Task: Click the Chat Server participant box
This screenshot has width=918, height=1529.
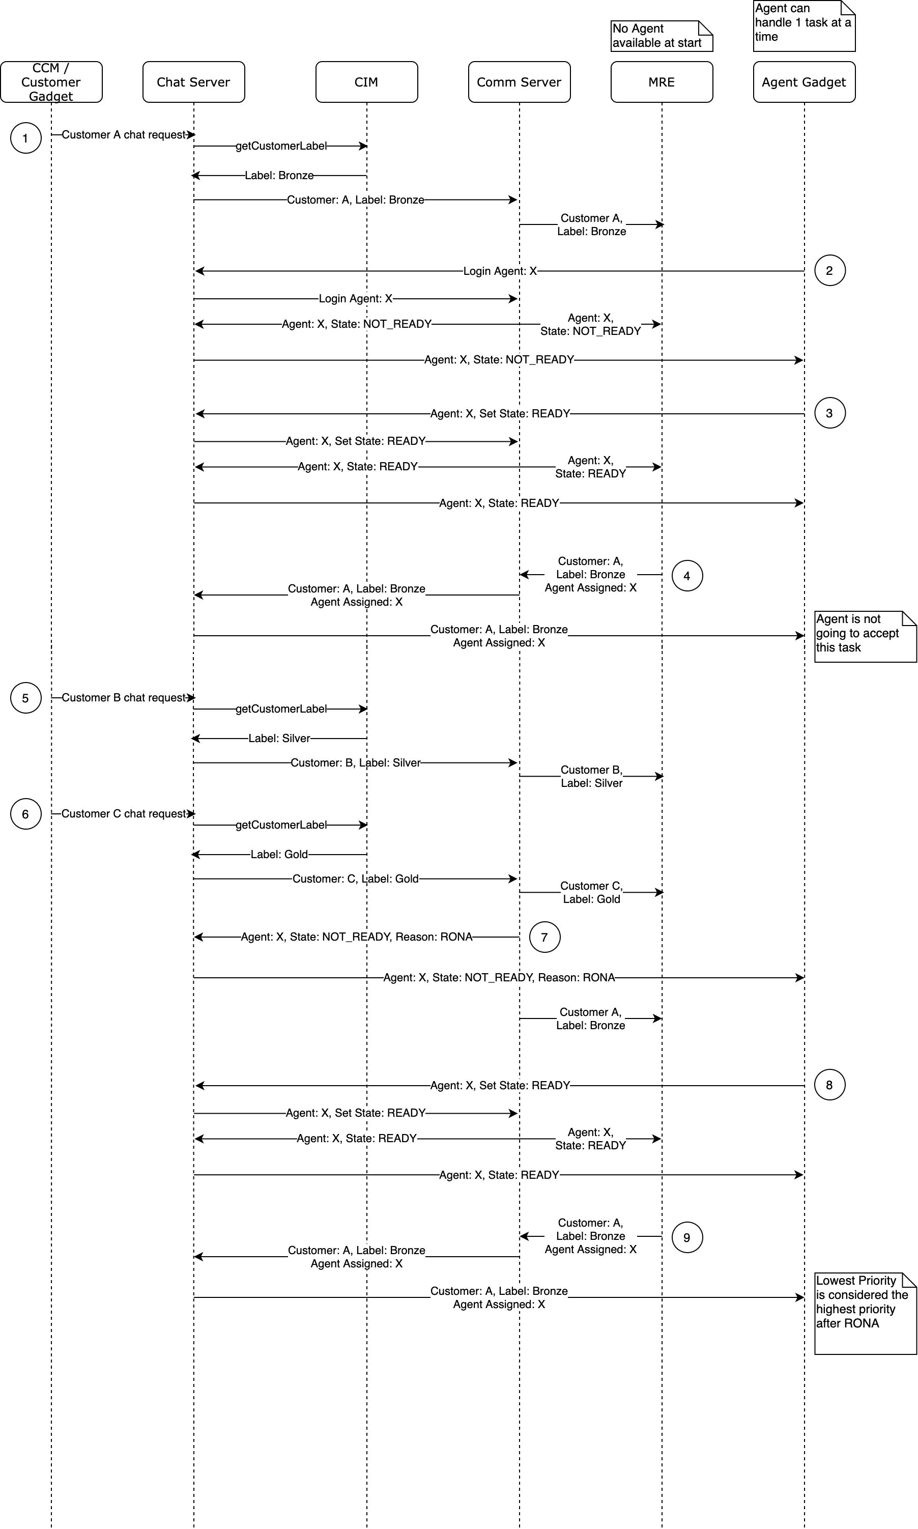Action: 193,81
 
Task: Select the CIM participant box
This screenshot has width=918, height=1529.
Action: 366,81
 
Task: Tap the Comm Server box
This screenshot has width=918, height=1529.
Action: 519,81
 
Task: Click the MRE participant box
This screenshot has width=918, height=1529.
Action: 662,81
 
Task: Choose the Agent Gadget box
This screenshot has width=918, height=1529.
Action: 804,81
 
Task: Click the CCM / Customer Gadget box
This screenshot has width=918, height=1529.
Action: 51,81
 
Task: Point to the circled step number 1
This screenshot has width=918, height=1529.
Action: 25,138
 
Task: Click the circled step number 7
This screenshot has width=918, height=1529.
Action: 544,937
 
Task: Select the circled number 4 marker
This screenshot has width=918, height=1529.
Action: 686,576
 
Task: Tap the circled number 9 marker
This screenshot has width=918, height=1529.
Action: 686,1237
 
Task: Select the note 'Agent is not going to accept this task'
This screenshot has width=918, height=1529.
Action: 864,636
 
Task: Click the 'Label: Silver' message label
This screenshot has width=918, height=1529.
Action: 279,738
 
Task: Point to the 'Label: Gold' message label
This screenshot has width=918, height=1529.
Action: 279,855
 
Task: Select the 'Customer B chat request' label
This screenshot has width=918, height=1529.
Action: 124,697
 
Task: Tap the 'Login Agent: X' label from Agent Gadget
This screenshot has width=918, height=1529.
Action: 500,271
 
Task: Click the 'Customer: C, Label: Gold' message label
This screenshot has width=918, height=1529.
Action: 355,879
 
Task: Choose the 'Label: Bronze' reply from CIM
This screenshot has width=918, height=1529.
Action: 279,176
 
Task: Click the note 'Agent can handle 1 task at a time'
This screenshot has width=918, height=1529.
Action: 803,25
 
